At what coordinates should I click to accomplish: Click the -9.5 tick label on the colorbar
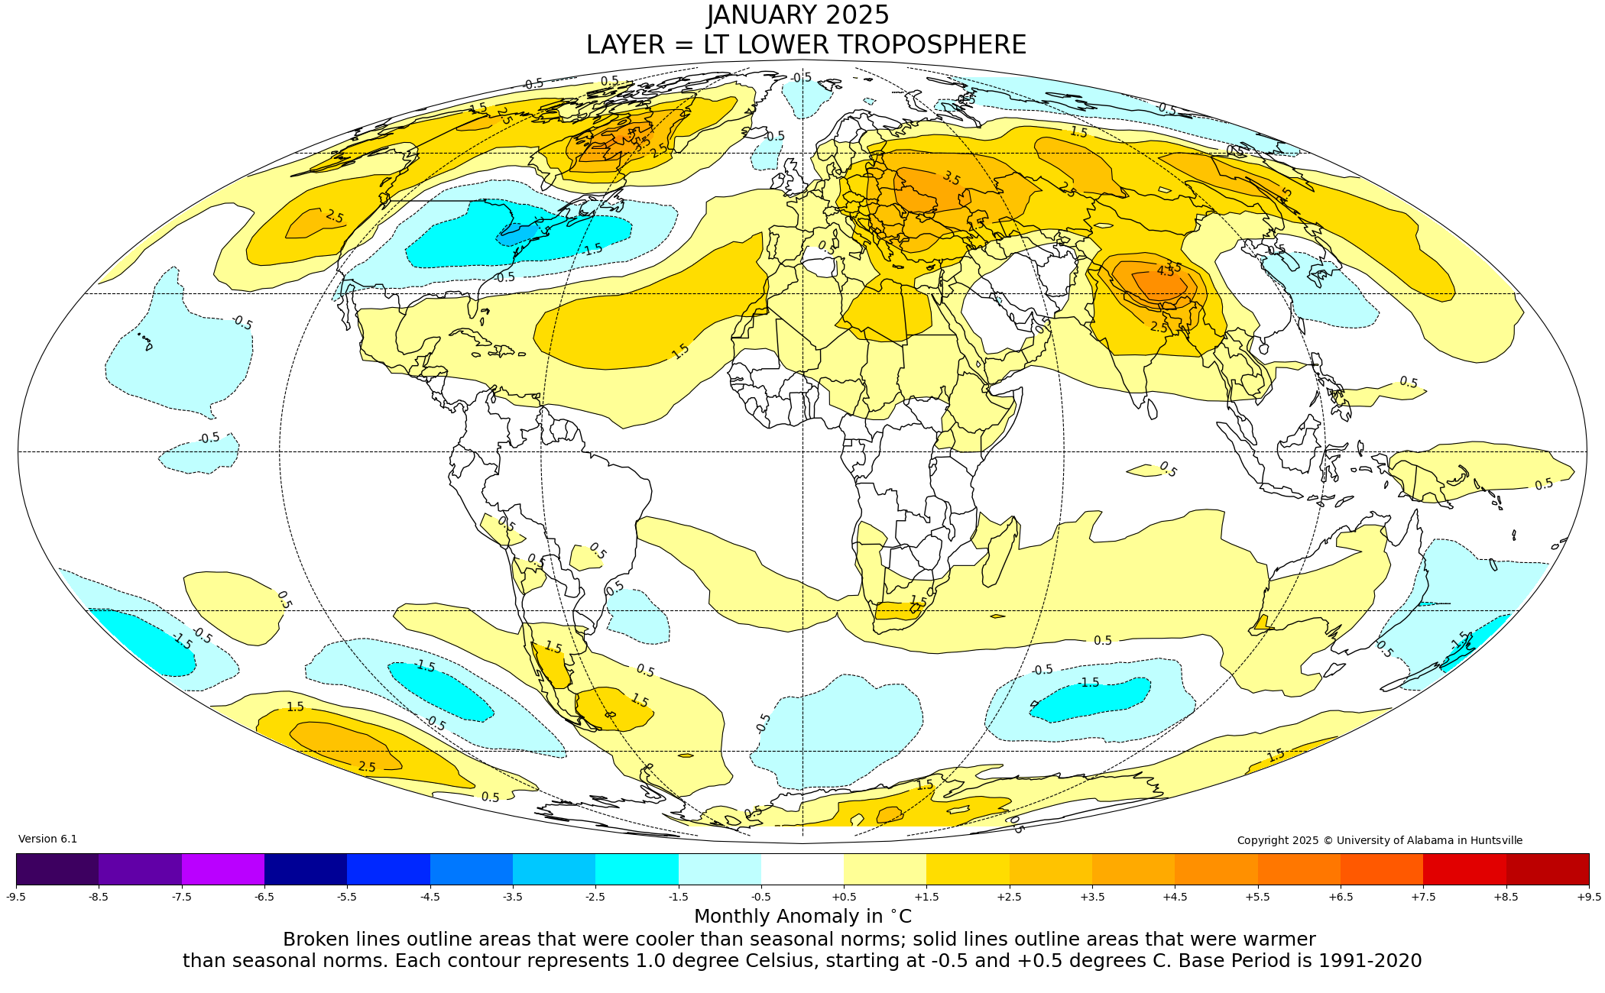click(16, 897)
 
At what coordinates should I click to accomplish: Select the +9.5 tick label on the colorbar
click(1588, 897)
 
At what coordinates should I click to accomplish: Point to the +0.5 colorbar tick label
click(844, 897)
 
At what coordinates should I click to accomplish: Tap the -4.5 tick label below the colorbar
click(430, 897)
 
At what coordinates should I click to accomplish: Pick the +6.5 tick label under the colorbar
click(1341, 897)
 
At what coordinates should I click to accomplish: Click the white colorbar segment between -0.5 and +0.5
click(802, 869)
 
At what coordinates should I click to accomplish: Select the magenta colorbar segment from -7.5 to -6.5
click(223, 869)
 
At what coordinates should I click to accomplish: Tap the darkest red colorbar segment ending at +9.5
click(1548, 869)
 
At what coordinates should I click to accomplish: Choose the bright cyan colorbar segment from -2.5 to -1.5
click(637, 869)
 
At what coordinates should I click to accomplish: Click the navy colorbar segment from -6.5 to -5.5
click(306, 869)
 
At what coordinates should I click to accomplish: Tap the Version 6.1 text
click(47, 839)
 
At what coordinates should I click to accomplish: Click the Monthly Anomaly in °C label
click(802, 916)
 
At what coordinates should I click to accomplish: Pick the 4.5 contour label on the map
click(1165, 271)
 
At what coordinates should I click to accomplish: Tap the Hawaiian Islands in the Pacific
click(145, 341)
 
